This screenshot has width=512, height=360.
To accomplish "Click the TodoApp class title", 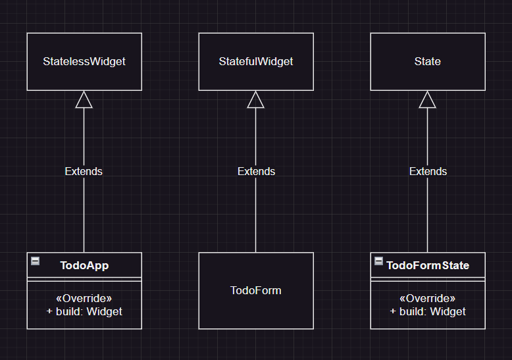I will click(84, 266).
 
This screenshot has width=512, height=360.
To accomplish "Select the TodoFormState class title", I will click(428, 266).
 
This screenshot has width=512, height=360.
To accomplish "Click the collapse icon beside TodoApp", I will click(36, 261).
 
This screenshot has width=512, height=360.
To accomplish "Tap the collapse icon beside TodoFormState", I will click(378, 261).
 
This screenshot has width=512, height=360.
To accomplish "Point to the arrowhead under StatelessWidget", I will click(84, 99).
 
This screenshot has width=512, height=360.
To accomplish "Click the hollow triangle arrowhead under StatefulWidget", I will click(256, 99).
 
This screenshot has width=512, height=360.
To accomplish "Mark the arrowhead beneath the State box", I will click(428, 99).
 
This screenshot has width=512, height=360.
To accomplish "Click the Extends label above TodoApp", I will click(84, 171).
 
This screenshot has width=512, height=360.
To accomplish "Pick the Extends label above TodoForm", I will click(256, 171).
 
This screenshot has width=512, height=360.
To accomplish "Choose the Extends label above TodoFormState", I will click(428, 171).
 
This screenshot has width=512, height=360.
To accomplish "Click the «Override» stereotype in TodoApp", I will click(84, 298).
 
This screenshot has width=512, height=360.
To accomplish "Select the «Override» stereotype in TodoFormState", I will click(428, 298).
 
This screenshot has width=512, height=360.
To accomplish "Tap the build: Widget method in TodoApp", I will click(84, 311).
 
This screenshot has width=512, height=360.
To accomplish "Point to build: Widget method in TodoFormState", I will click(428, 311).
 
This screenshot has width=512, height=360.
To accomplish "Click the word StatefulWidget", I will click(256, 61).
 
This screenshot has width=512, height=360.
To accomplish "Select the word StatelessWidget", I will click(84, 61).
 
